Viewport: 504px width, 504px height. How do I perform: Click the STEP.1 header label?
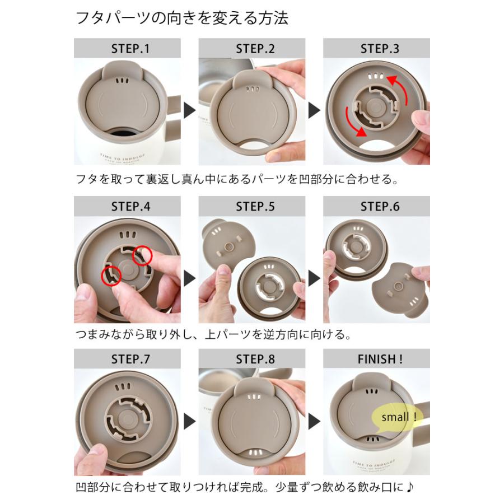click(x=130, y=49)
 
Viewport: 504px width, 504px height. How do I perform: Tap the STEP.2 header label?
click(x=255, y=49)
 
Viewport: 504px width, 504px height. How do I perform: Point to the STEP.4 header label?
click(x=130, y=206)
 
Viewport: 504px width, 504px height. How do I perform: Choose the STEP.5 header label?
click(x=255, y=206)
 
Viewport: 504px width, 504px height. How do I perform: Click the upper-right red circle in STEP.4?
click(x=142, y=255)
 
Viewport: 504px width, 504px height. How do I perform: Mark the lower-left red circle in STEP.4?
click(x=112, y=276)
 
